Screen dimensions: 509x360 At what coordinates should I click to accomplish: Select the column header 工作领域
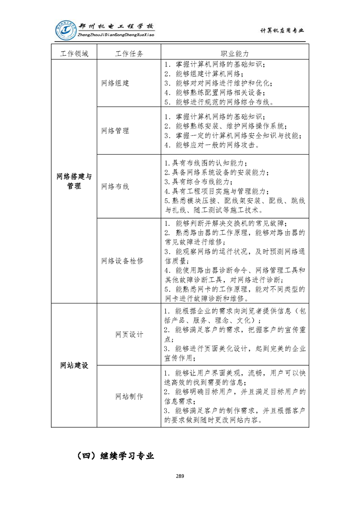[74, 54]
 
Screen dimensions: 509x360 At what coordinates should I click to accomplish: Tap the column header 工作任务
[129, 54]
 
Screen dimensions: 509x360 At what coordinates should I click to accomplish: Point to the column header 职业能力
[235, 54]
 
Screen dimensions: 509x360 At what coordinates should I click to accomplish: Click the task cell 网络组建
[115, 83]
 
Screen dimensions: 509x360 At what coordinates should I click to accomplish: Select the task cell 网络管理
[115, 131]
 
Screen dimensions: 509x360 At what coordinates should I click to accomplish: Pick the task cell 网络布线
[115, 186]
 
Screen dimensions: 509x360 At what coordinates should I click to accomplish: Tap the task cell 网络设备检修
[123, 261]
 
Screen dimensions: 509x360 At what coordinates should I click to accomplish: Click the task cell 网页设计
[129, 334]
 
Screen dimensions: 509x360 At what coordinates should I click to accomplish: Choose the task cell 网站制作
[129, 396]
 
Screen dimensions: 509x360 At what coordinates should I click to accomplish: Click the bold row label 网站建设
[74, 366]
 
